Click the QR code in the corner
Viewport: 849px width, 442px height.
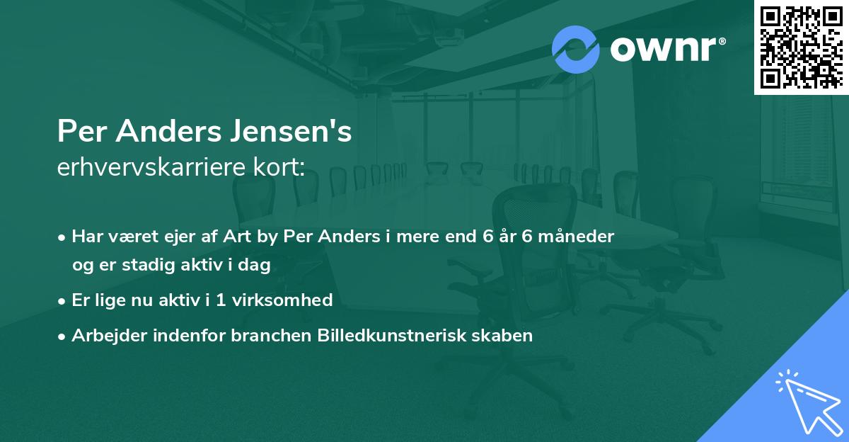(x=801, y=47)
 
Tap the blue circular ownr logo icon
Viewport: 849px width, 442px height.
(x=575, y=50)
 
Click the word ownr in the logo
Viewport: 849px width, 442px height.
(x=666, y=50)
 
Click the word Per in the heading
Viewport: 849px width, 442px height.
(x=79, y=132)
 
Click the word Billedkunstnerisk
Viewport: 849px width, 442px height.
(x=393, y=336)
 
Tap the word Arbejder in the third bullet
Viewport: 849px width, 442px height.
(x=103, y=336)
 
